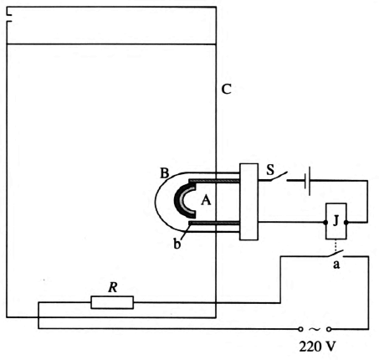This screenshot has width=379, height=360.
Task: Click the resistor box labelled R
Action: tap(112, 302)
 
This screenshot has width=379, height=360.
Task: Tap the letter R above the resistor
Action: tap(113, 287)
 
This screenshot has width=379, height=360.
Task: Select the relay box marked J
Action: tap(336, 221)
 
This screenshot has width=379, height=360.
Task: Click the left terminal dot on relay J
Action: tap(325, 223)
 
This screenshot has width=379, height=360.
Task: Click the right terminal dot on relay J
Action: tap(346, 223)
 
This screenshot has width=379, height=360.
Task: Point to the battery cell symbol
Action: tap(307, 181)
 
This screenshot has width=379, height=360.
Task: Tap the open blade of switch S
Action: tap(279, 177)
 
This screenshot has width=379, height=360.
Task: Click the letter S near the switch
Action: tap(270, 170)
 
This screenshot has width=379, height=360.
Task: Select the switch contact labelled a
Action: tap(335, 254)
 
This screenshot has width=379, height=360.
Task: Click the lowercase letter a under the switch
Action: tap(336, 264)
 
